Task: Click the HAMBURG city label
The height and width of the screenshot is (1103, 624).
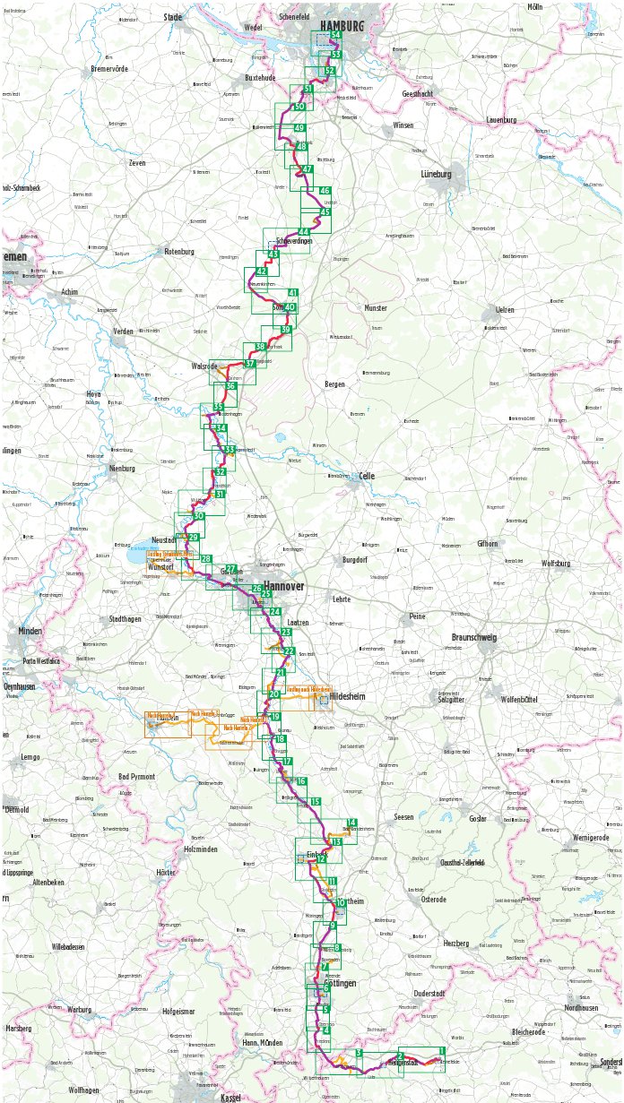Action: pos(342,26)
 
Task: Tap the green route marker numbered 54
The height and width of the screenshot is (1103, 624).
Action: pos(335,35)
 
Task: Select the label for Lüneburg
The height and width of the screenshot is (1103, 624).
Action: pos(436,174)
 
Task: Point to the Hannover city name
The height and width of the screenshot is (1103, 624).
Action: pos(284,586)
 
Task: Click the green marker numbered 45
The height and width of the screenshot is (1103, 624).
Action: pos(325,212)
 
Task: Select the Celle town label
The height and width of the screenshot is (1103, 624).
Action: pos(366,476)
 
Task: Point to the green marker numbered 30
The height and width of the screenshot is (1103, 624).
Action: pos(199,516)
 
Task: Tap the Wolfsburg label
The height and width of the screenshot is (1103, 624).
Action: pos(556,563)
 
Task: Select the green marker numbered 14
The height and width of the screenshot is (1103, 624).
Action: pos(351,823)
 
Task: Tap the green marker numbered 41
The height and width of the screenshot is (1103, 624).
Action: pos(292,293)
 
